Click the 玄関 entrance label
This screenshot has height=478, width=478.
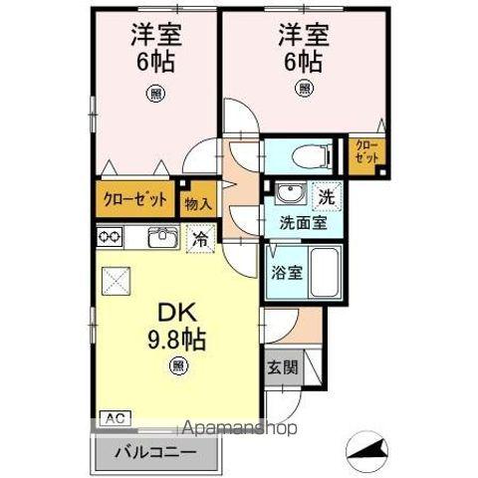[279, 367]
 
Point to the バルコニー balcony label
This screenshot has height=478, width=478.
[152, 451]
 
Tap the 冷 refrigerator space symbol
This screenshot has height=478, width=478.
[199, 239]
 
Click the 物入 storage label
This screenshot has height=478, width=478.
[198, 203]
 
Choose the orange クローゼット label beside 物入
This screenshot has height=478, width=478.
[135, 197]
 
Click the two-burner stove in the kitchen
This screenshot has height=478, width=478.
[110, 237]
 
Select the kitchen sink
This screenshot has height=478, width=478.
[162, 238]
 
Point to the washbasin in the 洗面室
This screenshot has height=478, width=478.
[290, 194]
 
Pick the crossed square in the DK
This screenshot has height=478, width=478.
[118, 282]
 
